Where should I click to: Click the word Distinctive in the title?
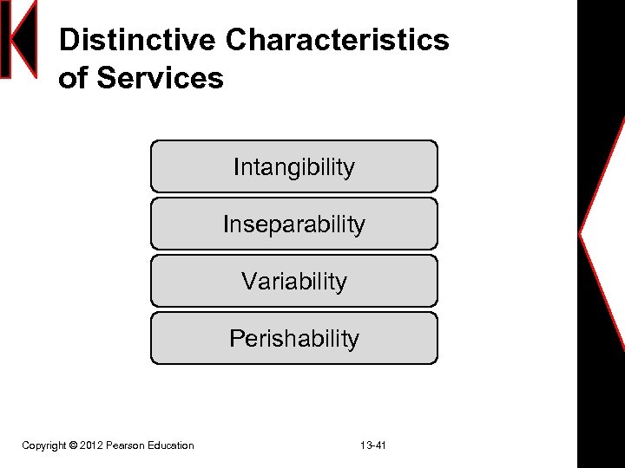click(137, 40)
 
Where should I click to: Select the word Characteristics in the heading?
click(337, 40)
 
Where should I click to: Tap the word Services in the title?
click(160, 78)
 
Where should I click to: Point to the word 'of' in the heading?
click(74, 78)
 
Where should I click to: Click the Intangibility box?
click(293, 166)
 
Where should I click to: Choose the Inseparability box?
click(293, 224)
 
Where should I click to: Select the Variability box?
click(293, 281)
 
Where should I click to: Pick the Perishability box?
click(293, 338)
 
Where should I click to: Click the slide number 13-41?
click(373, 445)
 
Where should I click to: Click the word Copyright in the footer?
click(43, 445)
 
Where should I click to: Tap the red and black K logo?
click(18, 39)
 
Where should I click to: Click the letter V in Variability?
click(248, 281)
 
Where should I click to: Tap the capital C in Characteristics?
click(236, 40)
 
